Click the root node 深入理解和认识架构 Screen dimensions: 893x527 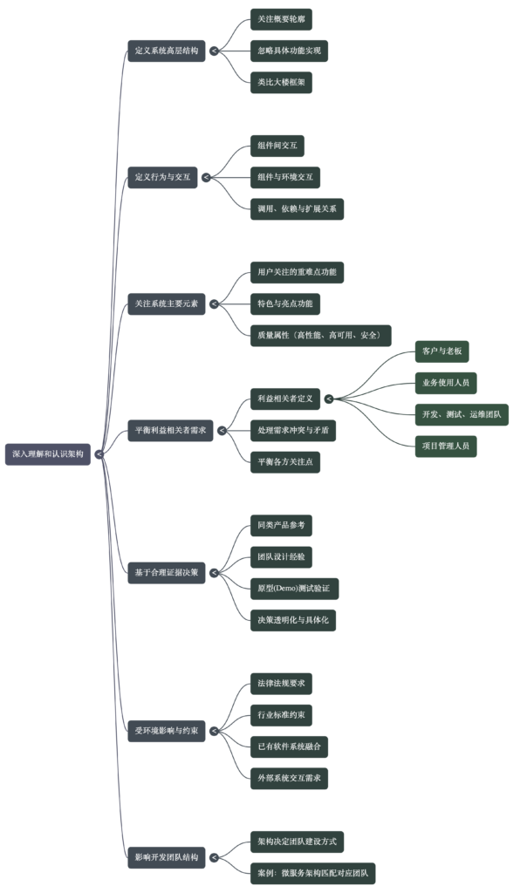(48, 454)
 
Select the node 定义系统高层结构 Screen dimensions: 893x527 (166, 51)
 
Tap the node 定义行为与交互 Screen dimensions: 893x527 (162, 178)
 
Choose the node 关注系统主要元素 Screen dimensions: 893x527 (166, 304)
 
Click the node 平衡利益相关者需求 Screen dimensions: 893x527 (170, 430)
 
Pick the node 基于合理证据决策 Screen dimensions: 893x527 (166, 573)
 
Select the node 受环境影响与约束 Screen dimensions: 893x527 (166, 731)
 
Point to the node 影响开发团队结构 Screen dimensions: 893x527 (166, 857)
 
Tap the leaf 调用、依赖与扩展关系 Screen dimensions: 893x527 (297, 209)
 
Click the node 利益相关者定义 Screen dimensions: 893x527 (284, 399)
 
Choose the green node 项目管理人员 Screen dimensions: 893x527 (446, 446)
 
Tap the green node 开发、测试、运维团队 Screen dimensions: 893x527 (462, 414)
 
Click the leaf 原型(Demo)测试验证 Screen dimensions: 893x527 (293, 589)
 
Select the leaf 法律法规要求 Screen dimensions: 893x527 (280, 683)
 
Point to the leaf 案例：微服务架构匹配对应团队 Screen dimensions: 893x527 (312, 873)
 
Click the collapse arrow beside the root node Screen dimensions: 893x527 (99, 454)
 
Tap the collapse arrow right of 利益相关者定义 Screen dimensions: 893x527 (329, 399)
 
